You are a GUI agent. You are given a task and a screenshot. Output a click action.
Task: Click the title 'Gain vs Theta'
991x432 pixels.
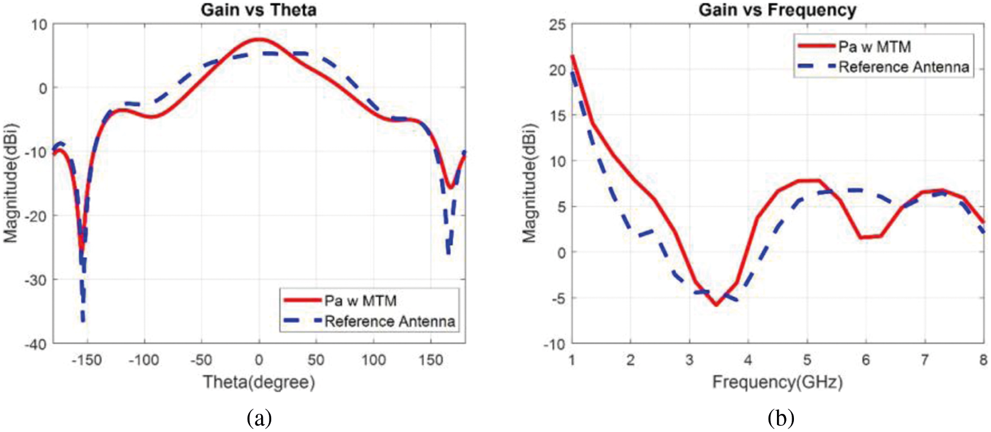[258, 10]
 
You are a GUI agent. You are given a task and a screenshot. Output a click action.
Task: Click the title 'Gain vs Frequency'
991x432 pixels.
[777, 10]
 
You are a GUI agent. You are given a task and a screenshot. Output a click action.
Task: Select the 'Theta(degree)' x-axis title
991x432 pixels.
[259, 382]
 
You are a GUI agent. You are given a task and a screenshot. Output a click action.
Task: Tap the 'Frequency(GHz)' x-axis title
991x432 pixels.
[777, 382]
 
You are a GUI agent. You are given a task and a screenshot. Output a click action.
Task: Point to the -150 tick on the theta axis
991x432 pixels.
[86, 360]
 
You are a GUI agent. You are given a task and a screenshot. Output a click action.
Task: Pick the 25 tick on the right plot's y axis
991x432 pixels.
[557, 24]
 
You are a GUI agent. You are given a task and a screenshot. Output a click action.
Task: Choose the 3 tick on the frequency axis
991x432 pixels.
[689, 360]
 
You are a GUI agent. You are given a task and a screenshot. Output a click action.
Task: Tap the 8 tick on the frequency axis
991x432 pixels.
[983, 360]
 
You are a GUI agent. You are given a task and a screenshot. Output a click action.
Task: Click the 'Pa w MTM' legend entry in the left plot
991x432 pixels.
[360, 301]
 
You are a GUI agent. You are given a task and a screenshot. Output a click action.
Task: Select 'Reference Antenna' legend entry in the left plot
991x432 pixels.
[390, 322]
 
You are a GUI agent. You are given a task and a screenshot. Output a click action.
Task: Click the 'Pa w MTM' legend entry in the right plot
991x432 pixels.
[874, 46]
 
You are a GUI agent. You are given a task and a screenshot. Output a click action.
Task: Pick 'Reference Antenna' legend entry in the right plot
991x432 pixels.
[904, 67]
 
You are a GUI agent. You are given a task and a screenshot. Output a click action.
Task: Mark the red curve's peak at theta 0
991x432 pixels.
[259, 40]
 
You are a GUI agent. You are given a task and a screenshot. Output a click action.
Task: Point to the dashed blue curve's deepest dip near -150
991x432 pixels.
[83, 321]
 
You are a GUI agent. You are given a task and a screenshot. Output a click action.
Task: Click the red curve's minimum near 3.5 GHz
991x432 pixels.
[716, 305]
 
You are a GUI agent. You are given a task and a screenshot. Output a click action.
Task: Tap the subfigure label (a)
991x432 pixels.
[259, 418]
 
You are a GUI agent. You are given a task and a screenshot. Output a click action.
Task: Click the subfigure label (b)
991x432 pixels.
[781, 418]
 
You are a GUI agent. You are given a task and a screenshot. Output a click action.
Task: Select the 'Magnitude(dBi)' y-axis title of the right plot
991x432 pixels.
[529, 182]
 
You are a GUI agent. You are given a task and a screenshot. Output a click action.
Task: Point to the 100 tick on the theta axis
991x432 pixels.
[373, 360]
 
